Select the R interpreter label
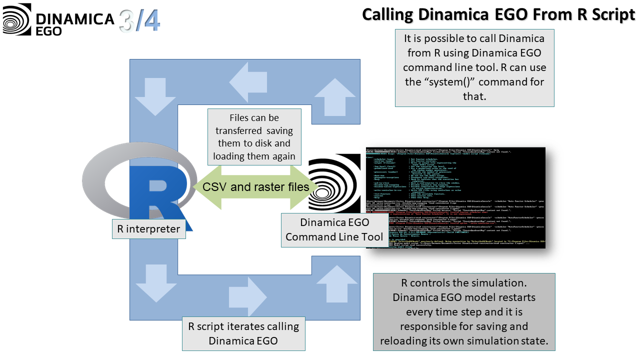(148, 229)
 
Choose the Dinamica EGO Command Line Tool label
(334, 230)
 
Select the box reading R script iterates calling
(243, 333)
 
